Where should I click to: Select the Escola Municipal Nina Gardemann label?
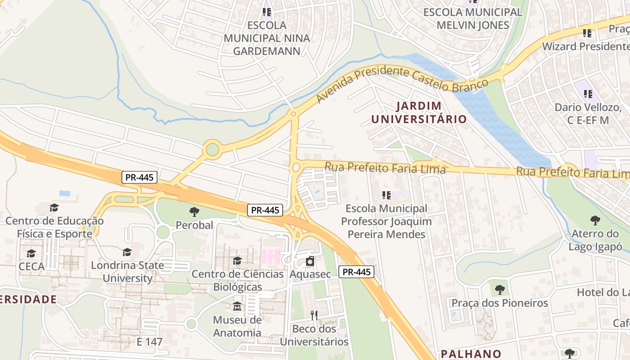coord(267,38)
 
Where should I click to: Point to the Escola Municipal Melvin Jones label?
coord(472,18)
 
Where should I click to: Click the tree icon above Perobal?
coord(194,211)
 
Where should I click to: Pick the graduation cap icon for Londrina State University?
coord(127,252)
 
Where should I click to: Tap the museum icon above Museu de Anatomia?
coord(237,306)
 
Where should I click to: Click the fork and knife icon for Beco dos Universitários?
coord(314,315)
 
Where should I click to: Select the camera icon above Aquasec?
coord(310,261)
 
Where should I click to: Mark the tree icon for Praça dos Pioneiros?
coord(499,289)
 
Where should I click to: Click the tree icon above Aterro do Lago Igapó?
coord(595,220)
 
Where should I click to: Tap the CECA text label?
coord(31,266)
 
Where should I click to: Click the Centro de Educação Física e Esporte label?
coord(54,227)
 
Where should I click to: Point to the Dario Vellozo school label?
coord(588,113)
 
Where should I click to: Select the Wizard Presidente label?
coord(585,46)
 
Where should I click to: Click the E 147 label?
coord(149,342)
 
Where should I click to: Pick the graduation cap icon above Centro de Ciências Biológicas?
coord(237,261)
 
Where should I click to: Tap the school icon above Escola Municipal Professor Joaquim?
coord(386,195)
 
